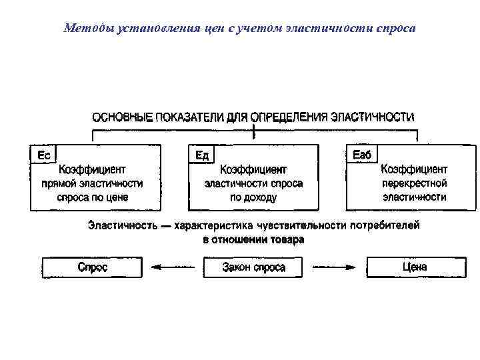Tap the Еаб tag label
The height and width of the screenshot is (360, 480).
coord(362,155)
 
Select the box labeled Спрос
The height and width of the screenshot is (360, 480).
coord(92,267)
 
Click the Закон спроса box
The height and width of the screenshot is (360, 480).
coord(253,267)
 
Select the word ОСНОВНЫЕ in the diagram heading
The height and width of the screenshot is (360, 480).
coord(121,117)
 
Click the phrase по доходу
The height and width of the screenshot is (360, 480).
coord(253,197)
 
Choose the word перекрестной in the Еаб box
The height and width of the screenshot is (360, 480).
coord(414,183)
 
